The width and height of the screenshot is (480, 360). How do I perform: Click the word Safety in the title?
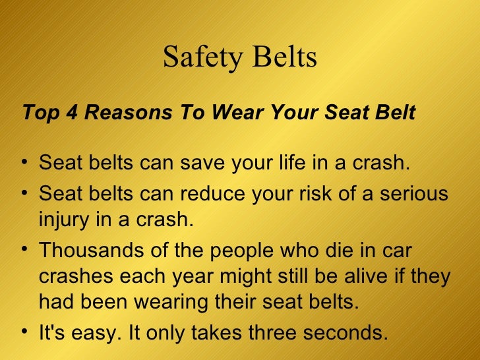[198, 58]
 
